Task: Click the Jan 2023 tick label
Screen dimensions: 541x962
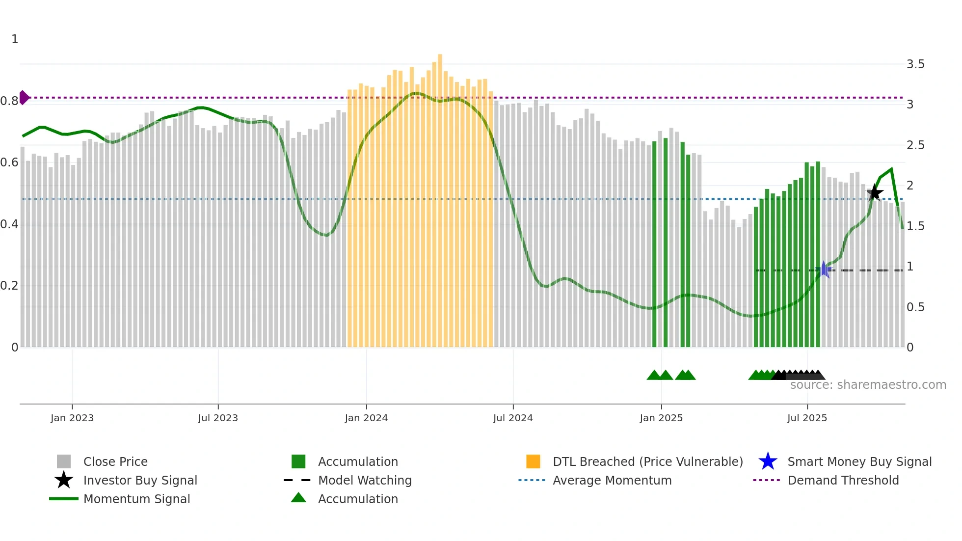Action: point(72,418)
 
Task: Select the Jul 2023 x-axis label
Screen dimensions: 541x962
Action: point(218,418)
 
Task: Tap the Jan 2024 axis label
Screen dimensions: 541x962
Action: point(366,418)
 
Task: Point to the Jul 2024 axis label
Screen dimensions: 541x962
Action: point(513,418)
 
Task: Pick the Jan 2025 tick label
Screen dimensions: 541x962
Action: point(661,418)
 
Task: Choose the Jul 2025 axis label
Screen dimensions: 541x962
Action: point(807,418)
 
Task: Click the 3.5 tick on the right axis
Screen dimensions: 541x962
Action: point(915,64)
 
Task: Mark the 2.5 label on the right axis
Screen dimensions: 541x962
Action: point(915,145)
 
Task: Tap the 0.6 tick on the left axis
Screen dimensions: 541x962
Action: point(9,162)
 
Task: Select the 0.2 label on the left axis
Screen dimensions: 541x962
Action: point(9,286)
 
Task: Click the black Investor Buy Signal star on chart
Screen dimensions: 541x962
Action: point(874,192)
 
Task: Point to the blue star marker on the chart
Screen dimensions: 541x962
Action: point(824,270)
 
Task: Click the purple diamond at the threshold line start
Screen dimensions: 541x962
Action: point(24,97)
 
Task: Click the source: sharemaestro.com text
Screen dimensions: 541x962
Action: point(868,385)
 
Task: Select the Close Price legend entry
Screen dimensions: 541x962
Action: point(115,461)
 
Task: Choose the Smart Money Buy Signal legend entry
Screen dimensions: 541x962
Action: point(859,461)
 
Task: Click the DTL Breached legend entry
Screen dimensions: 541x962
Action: point(647,461)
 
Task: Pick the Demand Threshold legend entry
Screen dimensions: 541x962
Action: point(843,480)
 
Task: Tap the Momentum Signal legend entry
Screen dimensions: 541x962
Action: point(136,499)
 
